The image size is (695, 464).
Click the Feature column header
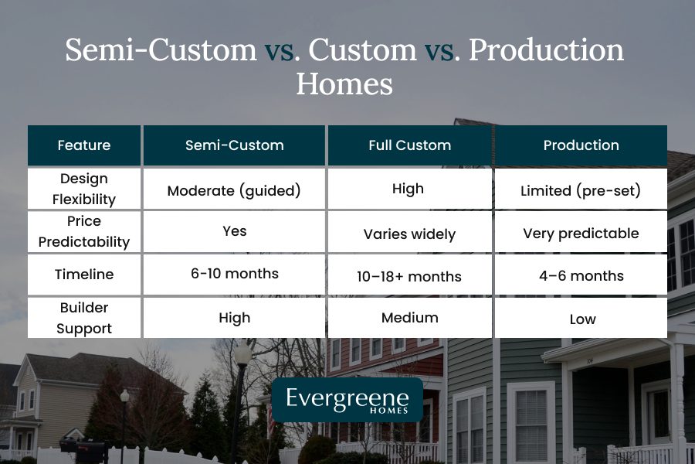84,145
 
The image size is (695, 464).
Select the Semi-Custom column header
234,145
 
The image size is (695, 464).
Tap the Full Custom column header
410,145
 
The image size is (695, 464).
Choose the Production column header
581,145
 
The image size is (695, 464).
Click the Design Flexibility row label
84,189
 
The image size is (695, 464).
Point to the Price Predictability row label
84,231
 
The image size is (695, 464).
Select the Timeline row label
84,275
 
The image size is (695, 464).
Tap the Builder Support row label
84,318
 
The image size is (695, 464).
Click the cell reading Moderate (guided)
234,190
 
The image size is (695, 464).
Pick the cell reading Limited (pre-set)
581,190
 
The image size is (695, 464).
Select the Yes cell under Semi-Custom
234,231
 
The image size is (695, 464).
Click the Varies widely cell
410,234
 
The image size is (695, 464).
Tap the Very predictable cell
581,233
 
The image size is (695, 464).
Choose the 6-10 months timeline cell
234,274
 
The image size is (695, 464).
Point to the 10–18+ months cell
410,276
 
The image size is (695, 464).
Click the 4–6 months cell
581,276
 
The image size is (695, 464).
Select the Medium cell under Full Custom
410,318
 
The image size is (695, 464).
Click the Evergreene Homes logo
347,400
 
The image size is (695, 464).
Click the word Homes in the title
344,84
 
